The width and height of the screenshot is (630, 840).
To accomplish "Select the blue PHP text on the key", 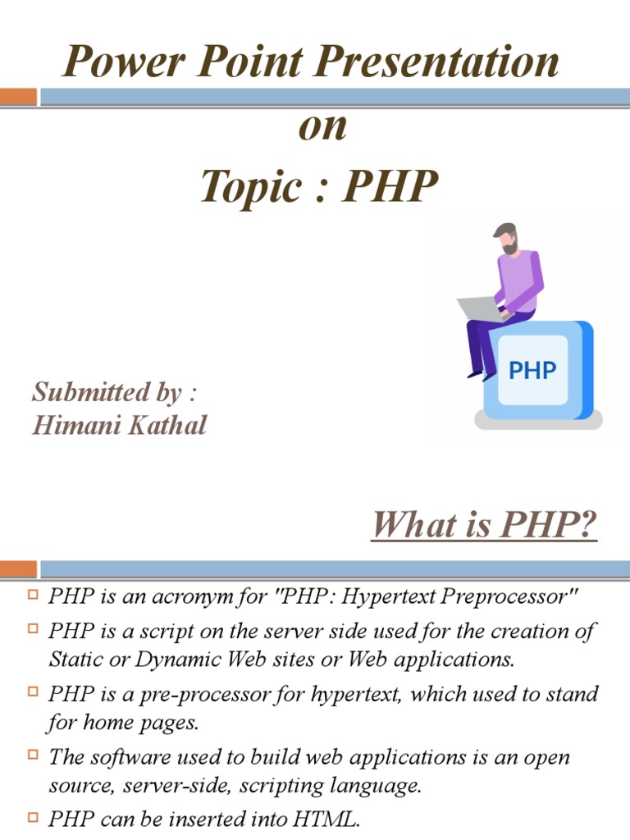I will click(532, 370).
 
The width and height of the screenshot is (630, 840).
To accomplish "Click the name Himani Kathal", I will click(120, 425).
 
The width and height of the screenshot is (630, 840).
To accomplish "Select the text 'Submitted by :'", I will click(115, 392).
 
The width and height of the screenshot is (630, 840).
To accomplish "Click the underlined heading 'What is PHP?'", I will click(484, 525).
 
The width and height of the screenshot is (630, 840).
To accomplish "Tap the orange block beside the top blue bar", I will click(18, 97).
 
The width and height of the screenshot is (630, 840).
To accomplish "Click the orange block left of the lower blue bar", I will click(18, 569).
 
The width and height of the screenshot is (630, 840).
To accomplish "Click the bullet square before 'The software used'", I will click(34, 753).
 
